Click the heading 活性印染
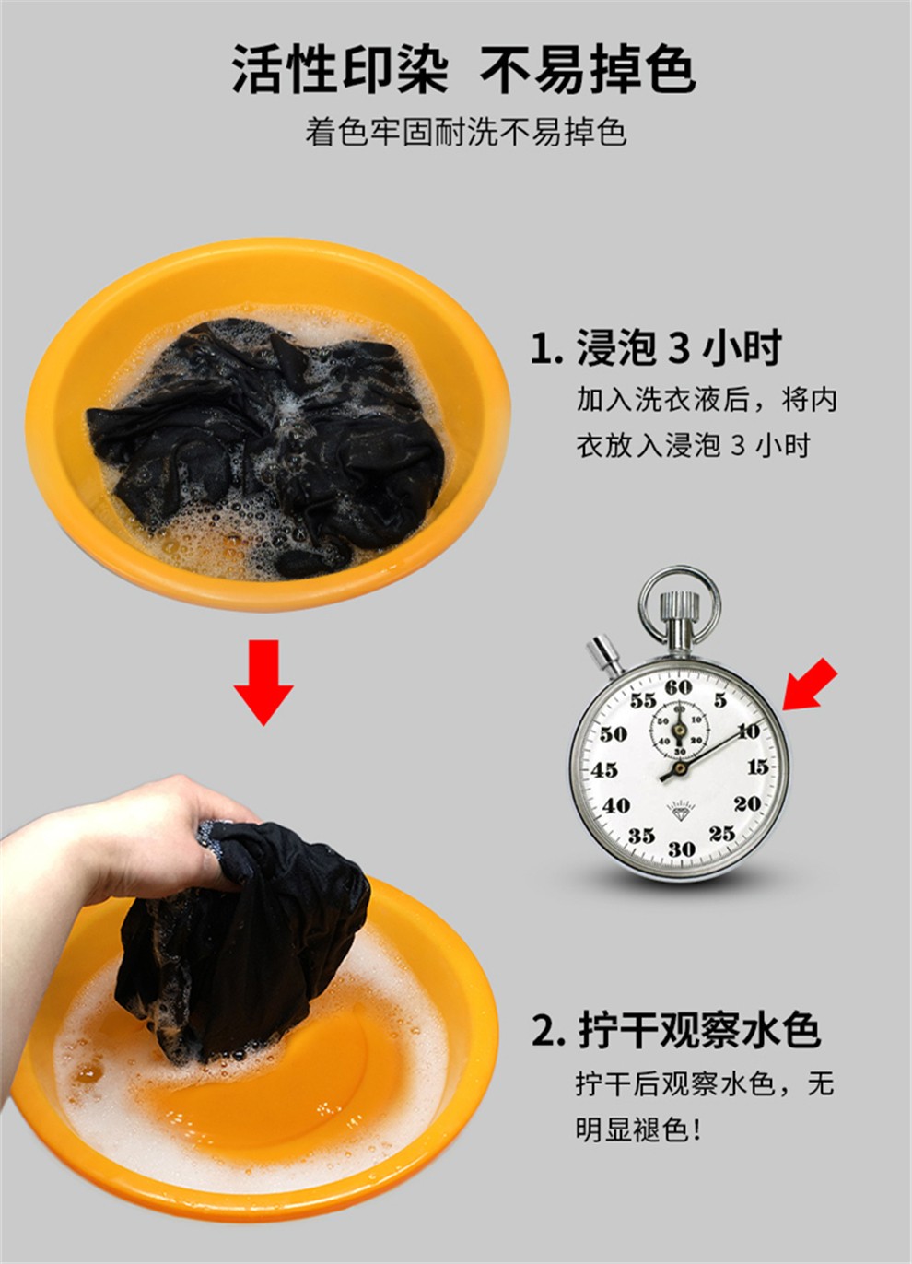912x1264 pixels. click(340, 70)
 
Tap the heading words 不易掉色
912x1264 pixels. click(588, 70)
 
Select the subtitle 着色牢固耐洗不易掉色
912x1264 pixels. click(466, 133)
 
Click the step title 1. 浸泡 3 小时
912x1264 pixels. click(656, 347)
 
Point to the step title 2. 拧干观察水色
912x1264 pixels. click(675, 1030)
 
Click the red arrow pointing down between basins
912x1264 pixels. click(263, 683)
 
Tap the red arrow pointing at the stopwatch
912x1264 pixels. click(810, 685)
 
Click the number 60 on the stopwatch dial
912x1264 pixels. click(678, 688)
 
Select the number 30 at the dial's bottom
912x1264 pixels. click(681, 849)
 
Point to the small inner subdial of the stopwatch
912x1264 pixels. click(680, 730)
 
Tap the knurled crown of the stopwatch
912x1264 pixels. click(680, 603)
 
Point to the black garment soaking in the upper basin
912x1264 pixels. click(264, 441)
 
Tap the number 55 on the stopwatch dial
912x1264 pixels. click(643, 701)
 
